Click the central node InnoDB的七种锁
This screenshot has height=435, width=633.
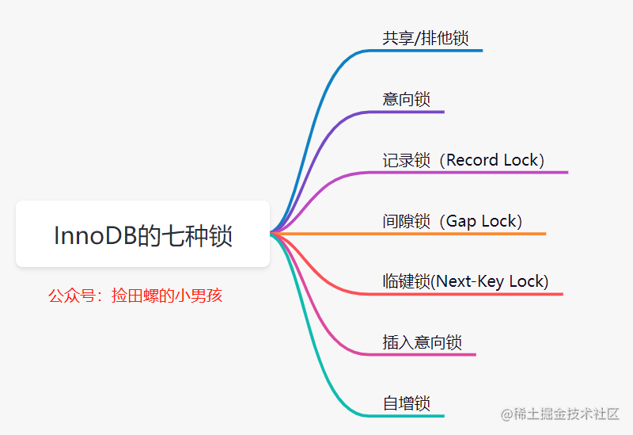pyautogui.click(x=143, y=235)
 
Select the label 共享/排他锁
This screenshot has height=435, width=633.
pyautogui.click(x=430, y=38)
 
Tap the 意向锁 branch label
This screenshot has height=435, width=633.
pyautogui.click(x=406, y=99)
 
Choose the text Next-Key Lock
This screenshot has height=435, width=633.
pyautogui.click(x=490, y=281)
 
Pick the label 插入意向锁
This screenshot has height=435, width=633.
pyautogui.click(x=422, y=342)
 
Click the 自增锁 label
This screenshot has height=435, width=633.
pyautogui.click(x=406, y=403)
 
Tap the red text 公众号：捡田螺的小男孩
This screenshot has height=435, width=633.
pyautogui.click(x=135, y=296)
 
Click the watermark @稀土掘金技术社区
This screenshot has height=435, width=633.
pyautogui.click(x=559, y=414)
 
